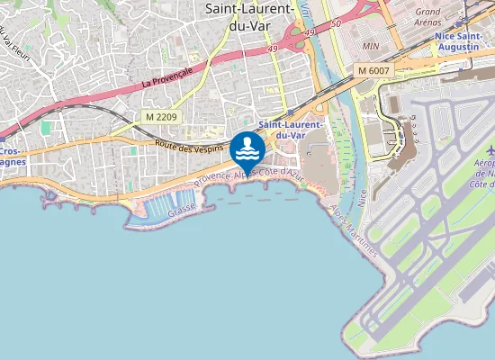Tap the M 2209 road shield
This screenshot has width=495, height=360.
pos(162,117)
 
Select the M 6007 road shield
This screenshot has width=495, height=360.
pos(373,69)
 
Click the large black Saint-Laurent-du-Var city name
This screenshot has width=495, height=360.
pos(249,17)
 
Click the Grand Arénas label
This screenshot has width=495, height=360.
pos(427,17)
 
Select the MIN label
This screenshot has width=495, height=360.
pos(368,44)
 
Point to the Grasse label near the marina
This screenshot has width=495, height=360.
pos(182,207)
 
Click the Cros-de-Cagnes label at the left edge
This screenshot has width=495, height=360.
pos(11,157)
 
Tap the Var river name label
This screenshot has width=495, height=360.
pos(307,13)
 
